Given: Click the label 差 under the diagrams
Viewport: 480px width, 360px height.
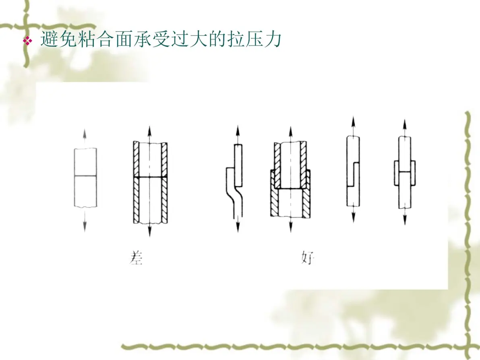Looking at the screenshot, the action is click(136, 258).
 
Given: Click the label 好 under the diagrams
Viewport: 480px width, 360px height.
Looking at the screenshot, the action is click(307, 258).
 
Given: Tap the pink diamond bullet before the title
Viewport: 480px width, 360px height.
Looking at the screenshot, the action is click(27, 41).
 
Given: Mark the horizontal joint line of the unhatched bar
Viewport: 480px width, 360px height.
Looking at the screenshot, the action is click(85, 176).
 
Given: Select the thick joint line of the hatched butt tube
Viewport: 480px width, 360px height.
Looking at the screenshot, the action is click(150, 177).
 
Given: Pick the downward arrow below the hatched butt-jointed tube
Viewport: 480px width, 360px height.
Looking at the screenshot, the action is click(150, 229).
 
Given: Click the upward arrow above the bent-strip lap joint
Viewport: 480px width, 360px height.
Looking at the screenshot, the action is click(238, 134).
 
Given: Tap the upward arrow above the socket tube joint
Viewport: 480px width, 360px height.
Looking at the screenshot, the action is click(290, 134).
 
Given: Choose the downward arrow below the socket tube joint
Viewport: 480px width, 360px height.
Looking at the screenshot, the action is click(290, 225).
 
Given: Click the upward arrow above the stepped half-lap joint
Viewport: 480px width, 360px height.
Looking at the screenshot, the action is click(353, 126).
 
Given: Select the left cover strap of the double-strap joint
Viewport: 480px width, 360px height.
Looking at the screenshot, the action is click(396, 173).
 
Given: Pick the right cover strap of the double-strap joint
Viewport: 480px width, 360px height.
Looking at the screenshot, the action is click(413, 173).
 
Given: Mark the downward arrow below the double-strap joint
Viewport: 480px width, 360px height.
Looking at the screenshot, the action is click(405, 216).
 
